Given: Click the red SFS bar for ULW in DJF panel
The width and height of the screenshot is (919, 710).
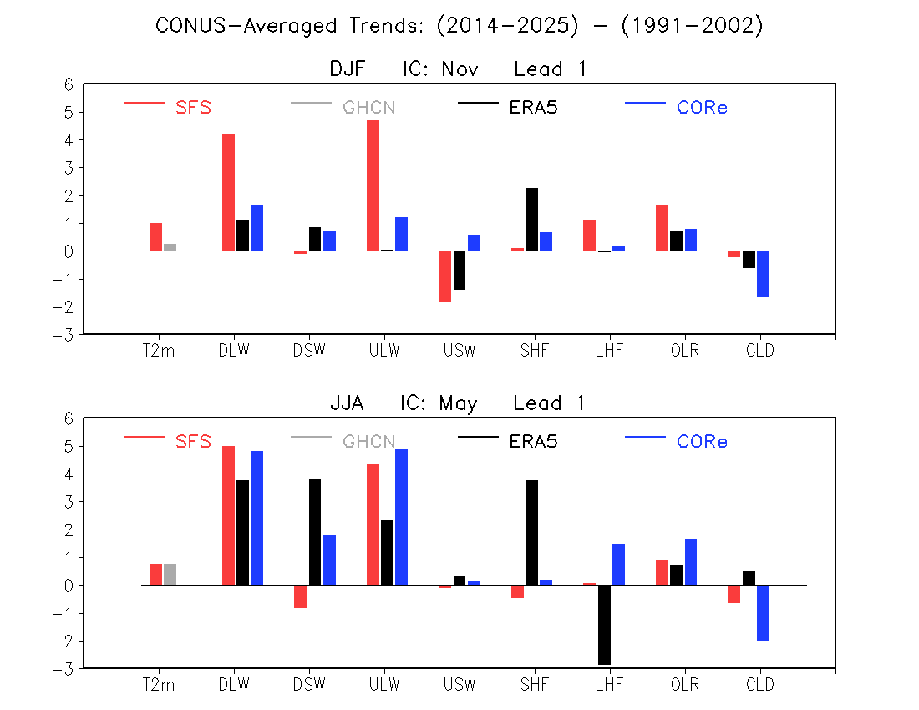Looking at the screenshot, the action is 373,185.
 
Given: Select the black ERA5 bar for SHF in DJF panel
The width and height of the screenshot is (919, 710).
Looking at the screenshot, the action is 531,220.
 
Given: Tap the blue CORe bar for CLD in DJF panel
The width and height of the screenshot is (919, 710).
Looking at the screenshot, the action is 763,274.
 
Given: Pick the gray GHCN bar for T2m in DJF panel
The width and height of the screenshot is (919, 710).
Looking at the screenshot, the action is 170,247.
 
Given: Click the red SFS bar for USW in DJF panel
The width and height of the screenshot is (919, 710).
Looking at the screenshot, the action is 444,276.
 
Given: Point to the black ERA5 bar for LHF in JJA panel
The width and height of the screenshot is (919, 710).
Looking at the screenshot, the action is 604,625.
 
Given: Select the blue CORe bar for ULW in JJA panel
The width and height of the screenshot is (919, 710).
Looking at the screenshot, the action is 402,517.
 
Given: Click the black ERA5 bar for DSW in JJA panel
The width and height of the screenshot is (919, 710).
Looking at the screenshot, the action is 315,532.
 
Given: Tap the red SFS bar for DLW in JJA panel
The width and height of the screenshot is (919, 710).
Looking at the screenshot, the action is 229,515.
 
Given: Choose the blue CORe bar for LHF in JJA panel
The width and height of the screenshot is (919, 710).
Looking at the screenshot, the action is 618,564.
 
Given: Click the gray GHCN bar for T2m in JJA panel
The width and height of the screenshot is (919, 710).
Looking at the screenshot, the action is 170,574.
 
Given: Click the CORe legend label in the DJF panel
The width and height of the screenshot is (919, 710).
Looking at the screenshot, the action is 702,107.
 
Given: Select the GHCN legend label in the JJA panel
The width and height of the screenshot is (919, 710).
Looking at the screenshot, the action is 369,441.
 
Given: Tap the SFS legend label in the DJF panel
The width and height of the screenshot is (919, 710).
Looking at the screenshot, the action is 194,107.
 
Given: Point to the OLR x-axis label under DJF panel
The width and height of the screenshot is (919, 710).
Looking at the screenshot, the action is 685,350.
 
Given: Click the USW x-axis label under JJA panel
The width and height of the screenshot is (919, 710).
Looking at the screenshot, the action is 459,684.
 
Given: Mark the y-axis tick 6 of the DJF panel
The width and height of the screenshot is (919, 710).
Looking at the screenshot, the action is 69,85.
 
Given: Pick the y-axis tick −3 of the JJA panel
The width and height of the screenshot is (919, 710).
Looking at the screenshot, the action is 63,669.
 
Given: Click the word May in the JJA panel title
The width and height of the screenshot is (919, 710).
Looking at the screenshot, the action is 459,403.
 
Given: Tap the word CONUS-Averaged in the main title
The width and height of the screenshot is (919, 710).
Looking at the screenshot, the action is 246,25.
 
